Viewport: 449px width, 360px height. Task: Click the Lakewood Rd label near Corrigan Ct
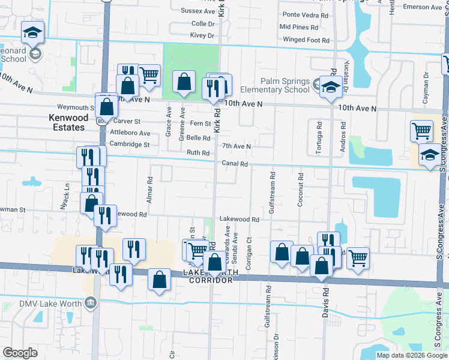(239, 220)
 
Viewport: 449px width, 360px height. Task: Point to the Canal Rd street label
(235, 163)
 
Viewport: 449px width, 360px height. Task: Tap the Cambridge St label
(129, 145)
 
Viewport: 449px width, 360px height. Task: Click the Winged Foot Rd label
(306, 40)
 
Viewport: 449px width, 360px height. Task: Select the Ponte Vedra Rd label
(304, 14)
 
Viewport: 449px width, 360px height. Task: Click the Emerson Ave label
(423, 7)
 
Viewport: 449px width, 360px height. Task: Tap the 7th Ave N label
(236, 146)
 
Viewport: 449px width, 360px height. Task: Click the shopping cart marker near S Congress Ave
(422, 131)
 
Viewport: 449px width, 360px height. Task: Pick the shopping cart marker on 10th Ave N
(149, 76)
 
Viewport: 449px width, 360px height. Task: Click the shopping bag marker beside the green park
(184, 82)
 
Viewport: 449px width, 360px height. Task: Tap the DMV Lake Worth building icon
(91, 301)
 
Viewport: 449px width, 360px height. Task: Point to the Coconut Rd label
(300, 191)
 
